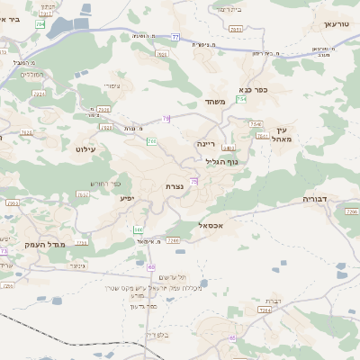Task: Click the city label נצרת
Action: (x=176, y=185)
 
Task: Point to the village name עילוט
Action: (x=85, y=148)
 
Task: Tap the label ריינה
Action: (x=207, y=142)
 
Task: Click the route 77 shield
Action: (x=175, y=37)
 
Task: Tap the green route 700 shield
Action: (x=152, y=141)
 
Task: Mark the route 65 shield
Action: (x=232, y=337)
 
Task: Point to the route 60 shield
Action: (x=150, y=266)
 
